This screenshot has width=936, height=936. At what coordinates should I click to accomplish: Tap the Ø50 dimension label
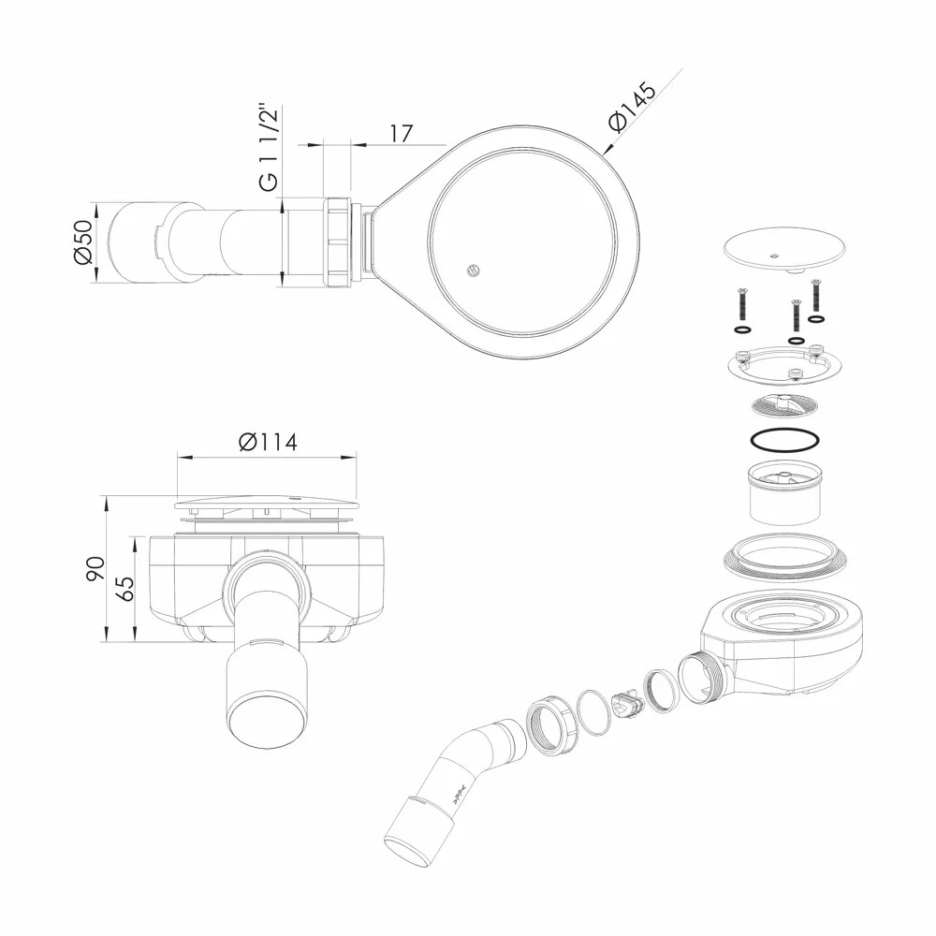[x=83, y=242]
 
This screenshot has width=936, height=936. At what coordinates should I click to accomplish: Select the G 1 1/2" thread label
[x=270, y=149]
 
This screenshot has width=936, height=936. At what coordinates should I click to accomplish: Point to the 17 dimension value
[x=402, y=133]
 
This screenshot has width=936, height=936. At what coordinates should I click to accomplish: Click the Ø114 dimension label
[x=268, y=443]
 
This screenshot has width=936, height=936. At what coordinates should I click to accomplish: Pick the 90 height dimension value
[x=95, y=569]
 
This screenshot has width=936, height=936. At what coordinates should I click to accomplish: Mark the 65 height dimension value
[x=124, y=589]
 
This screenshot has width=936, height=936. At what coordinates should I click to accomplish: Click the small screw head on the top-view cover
[x=472, y=271]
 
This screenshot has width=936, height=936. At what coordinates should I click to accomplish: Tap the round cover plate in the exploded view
[x=784, y=249]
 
